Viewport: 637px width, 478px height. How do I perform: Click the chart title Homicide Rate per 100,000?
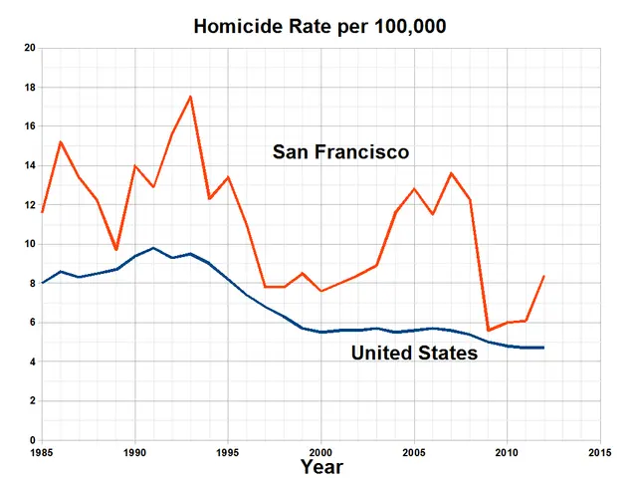click(x=318, y=26)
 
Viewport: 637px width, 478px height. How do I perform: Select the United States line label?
click(x=414, y=353)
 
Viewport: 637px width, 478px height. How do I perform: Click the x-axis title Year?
click(x=321, y=466)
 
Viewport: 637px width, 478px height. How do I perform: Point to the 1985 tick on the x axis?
click(x=41, y=450)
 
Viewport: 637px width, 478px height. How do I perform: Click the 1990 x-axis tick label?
click(x=134, y=450)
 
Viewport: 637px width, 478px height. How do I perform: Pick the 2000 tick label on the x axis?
click(x=320, y=450)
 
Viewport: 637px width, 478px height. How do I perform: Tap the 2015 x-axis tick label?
click(x=600, y=450)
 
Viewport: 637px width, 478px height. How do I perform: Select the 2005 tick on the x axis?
click(x=414, y=450)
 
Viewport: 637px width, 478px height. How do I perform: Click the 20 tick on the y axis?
click(x=29, y=48)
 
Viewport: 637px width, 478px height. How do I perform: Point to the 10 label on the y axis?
click(x=29, y=244)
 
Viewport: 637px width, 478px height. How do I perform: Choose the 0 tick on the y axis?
click(x=32, y=440)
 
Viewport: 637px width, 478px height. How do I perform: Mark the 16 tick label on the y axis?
click(x=29, y=126)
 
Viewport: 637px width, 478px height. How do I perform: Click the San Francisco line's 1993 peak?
click(x=190, y=97)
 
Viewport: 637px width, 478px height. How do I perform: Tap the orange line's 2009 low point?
click(x=488, y=330)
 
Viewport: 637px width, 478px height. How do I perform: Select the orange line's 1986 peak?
click(x=60, y=141)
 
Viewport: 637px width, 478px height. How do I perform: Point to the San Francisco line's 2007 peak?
click(x=451, y=173)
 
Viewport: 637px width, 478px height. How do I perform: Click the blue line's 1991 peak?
click(x=153, y=248)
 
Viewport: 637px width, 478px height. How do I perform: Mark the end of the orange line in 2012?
click(x=543, y=276)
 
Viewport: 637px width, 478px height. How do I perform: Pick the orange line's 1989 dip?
click(x=116, y=249)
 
